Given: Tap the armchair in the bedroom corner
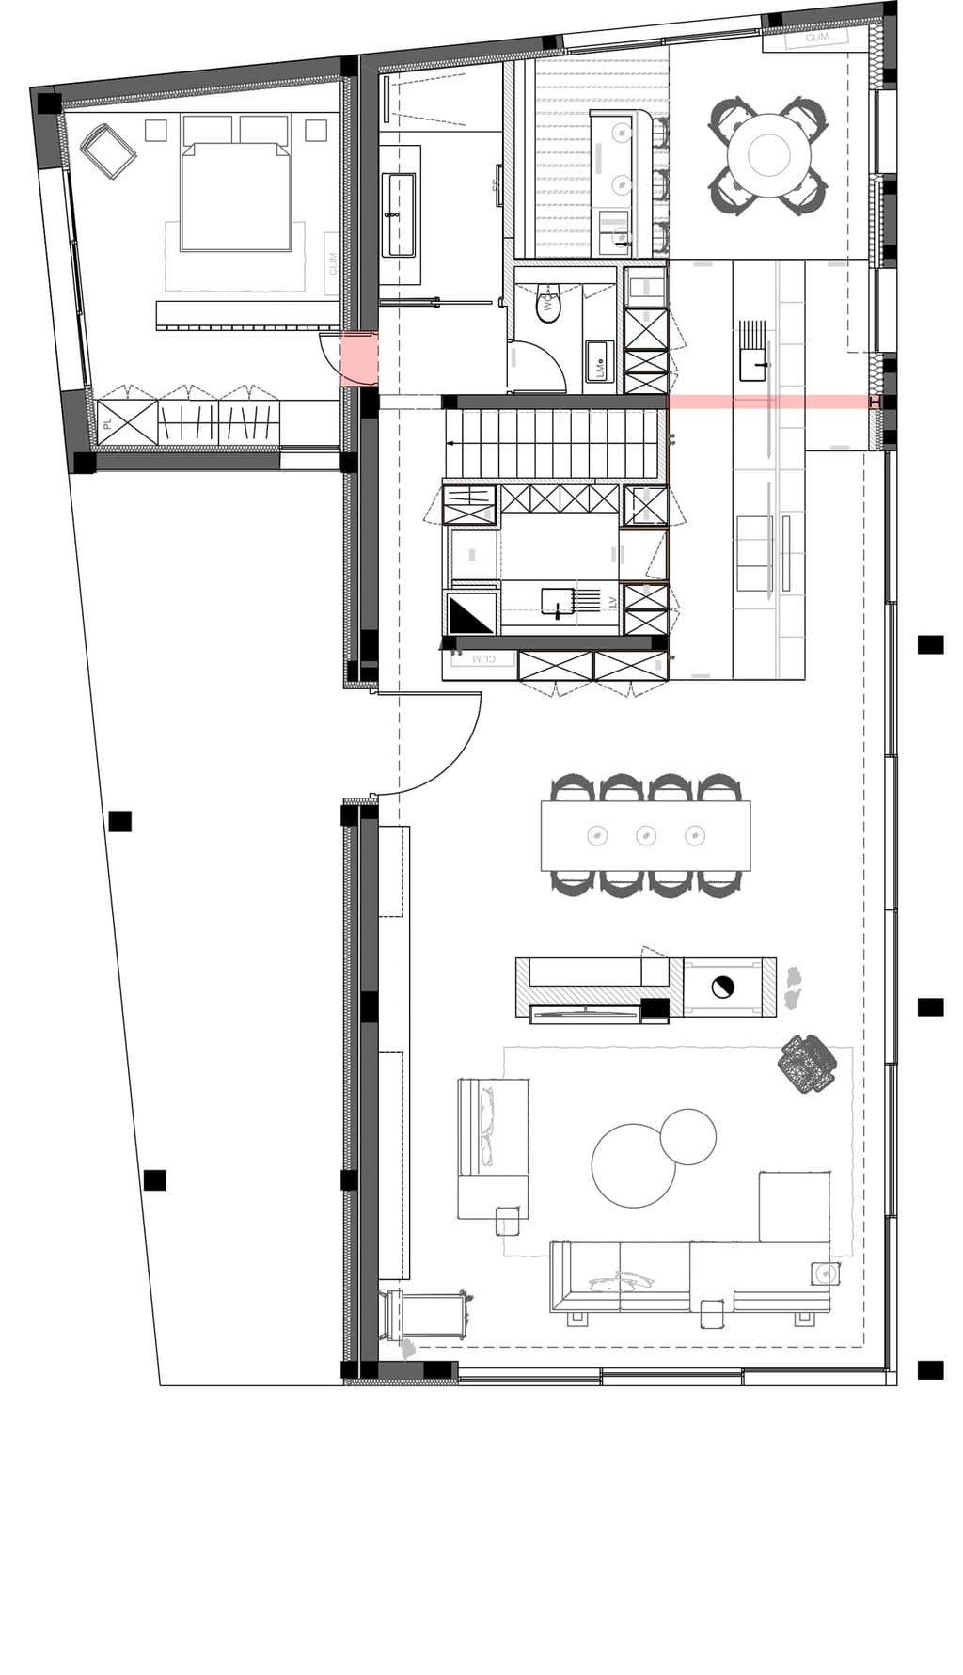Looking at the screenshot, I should tap(108, 150).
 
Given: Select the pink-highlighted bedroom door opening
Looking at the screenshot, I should tap(358, 358).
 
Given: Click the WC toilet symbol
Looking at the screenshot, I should tap(547, 305).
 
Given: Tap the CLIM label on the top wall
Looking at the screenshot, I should tap(817, 38).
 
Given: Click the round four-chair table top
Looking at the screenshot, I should tap(769, 154).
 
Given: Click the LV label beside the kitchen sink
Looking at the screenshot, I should tap(611, 601).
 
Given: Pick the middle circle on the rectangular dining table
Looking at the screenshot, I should tap(645, 834).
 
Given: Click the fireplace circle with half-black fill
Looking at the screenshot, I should tap(722, 987).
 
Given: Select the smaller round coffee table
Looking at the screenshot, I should tap(687, 1136).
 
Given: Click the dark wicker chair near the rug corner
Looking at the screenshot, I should tap(807, 1064).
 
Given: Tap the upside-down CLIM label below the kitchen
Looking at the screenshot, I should tap(482, 660).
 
